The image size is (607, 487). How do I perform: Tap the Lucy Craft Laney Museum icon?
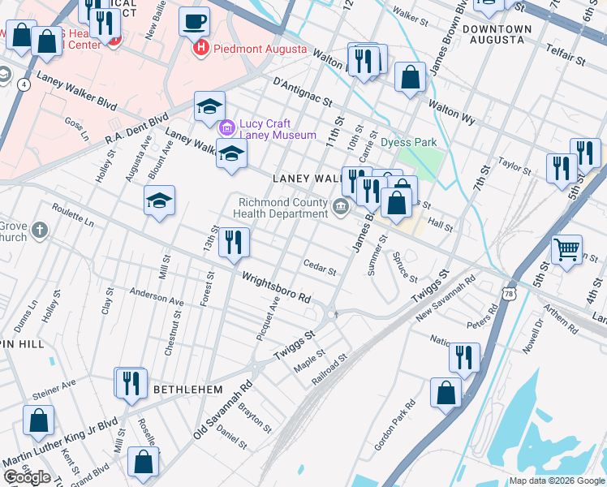226,127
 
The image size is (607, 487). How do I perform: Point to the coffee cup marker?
194,21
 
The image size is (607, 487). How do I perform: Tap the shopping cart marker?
566,249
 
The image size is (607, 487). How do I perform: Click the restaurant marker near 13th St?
234,242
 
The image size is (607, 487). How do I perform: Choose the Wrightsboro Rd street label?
277,287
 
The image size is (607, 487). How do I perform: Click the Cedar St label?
319,267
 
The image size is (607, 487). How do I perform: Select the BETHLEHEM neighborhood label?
187,390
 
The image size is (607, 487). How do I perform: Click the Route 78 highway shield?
508,291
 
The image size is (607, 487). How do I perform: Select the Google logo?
28,477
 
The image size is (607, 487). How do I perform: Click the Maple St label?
309,361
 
